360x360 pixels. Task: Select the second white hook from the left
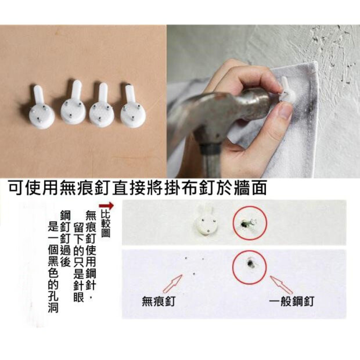coord(73,103)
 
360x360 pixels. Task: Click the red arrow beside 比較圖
coord(106,206)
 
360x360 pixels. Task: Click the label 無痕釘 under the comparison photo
coord(159,301)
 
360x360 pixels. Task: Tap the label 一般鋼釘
coord(292,301)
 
